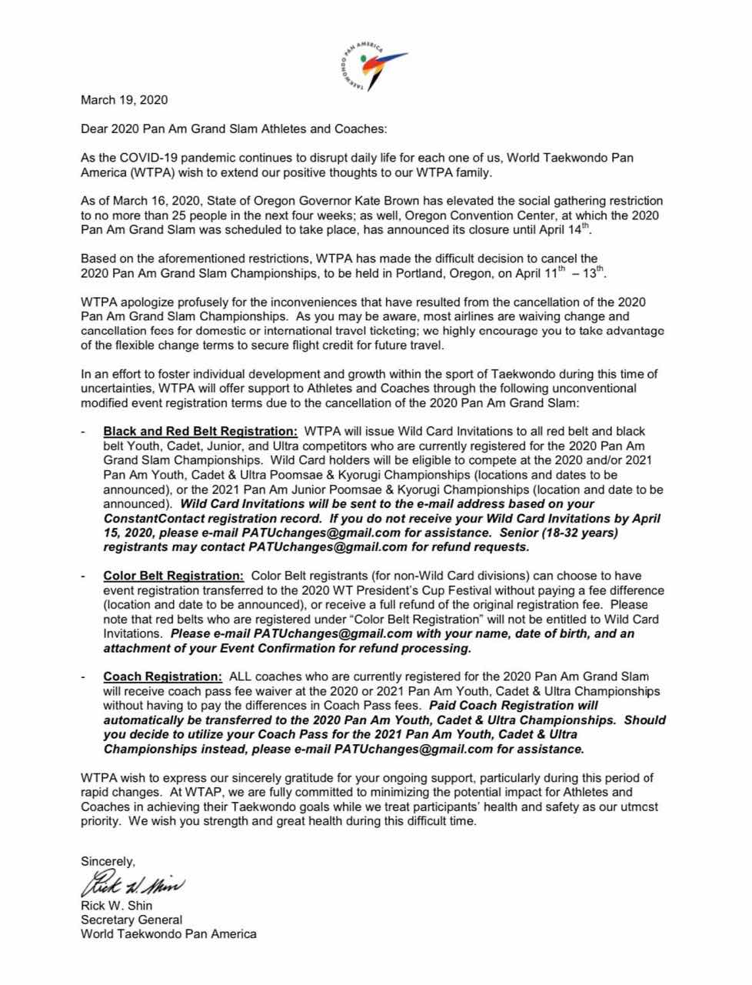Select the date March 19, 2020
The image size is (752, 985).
(x=124, y=100)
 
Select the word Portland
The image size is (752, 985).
(x=398, y=272)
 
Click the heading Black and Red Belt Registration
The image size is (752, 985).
(x=200, y=431)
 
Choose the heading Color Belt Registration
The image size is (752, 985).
(x=173, y=576)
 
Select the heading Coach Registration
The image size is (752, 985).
(x=162, y=676)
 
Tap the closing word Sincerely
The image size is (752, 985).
(x=108, y=861)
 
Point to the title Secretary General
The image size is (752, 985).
(x=131, y=920)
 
